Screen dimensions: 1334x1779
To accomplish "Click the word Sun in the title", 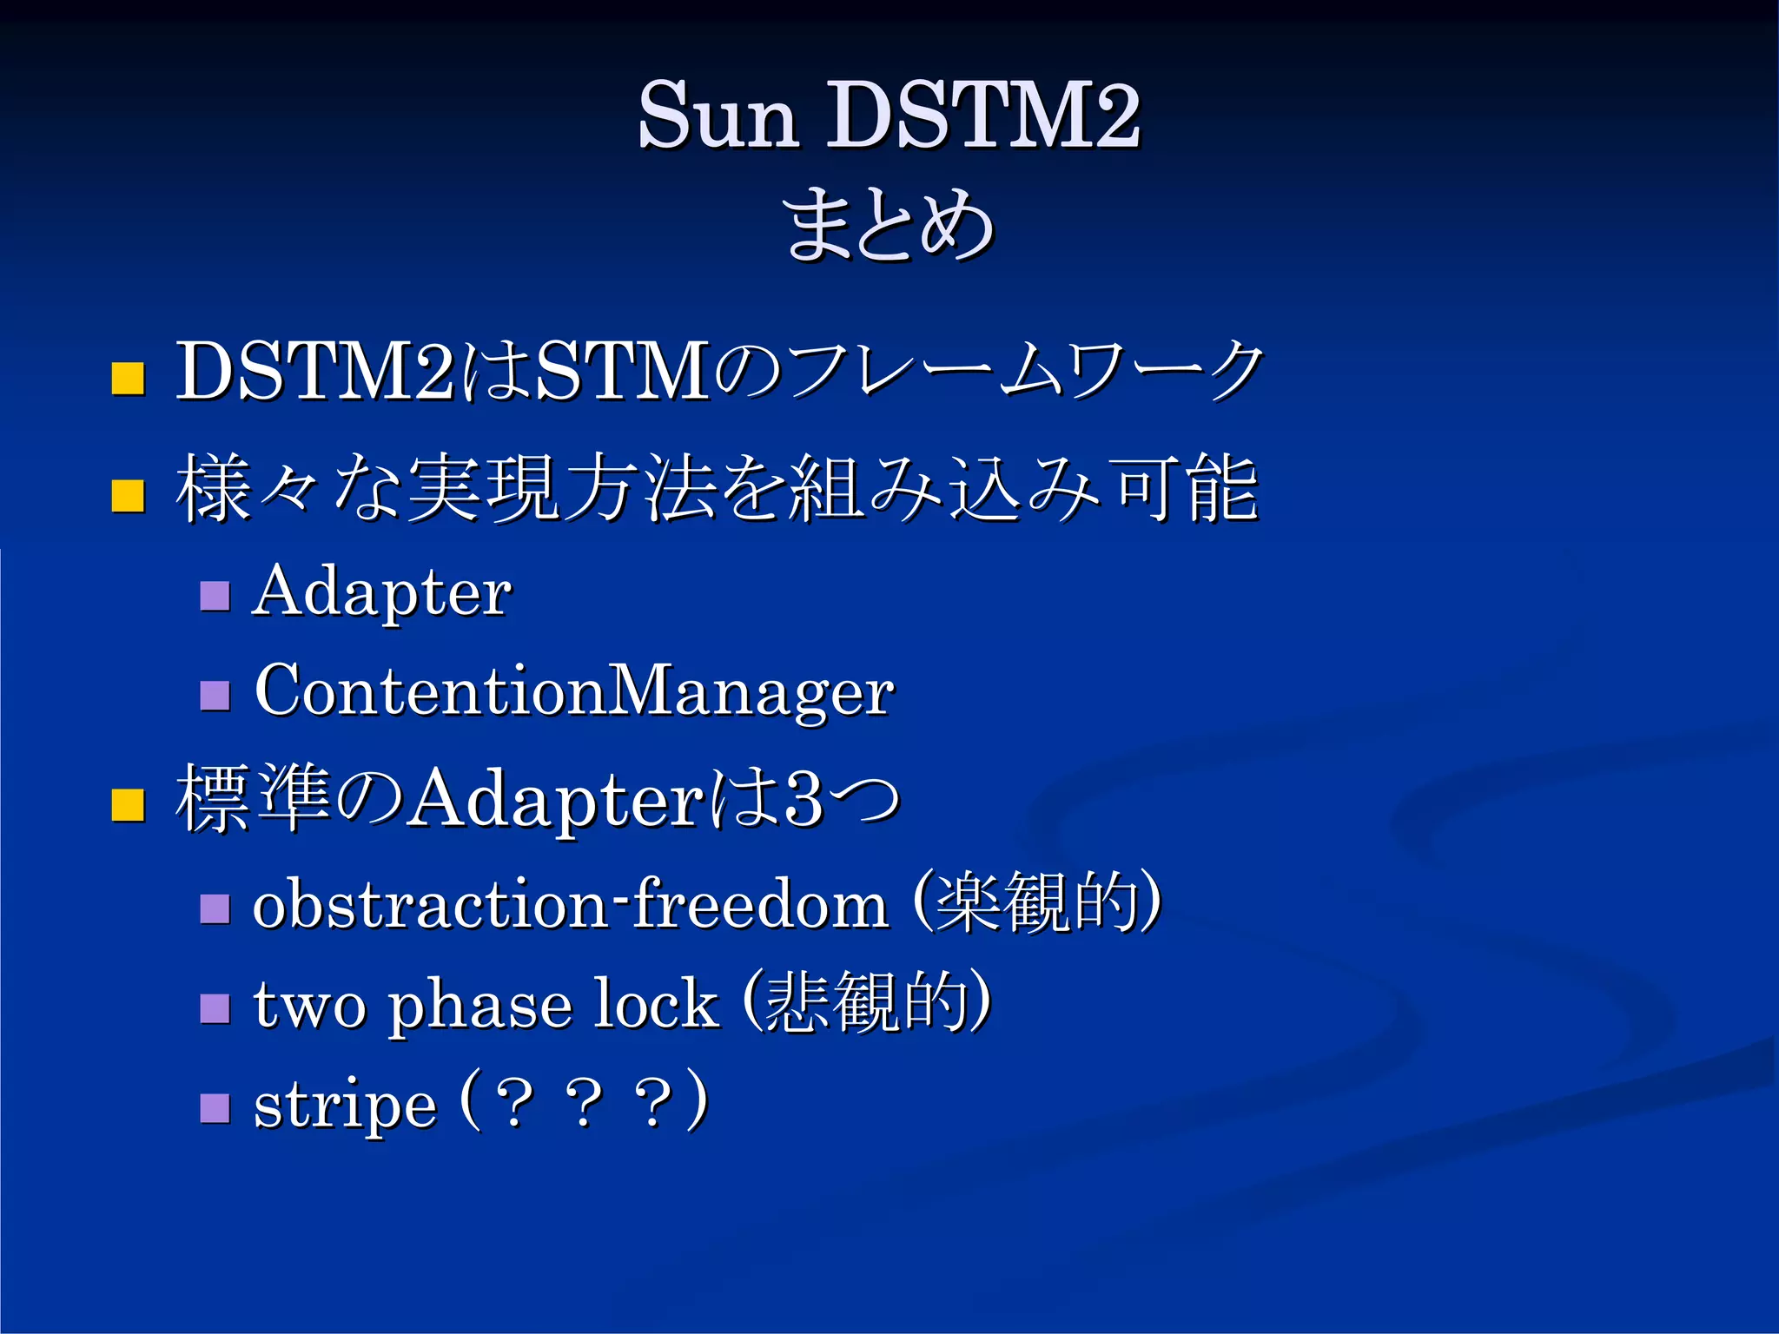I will pos(718,116).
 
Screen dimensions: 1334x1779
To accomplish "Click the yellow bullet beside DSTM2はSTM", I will pos(128,379).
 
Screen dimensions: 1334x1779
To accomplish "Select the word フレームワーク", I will pos(1025,372).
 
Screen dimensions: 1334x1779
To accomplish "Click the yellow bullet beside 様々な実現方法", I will pos(128,496).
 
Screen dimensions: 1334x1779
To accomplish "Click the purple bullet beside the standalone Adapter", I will pos(215,596).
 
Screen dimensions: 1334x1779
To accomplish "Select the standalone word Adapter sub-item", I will pos(382,592).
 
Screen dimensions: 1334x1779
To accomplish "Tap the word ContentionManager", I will pos(573,691).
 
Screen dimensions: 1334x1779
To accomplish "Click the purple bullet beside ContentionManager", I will pos(215,695).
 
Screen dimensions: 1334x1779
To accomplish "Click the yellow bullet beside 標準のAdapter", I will pos(128,804).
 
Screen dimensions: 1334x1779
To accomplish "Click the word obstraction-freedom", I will pos(569,905).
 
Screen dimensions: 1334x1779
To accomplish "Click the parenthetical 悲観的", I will pos(867,1002).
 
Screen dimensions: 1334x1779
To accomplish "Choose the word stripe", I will pos(345,1106).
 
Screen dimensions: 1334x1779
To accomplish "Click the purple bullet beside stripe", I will pos(215,1108).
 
